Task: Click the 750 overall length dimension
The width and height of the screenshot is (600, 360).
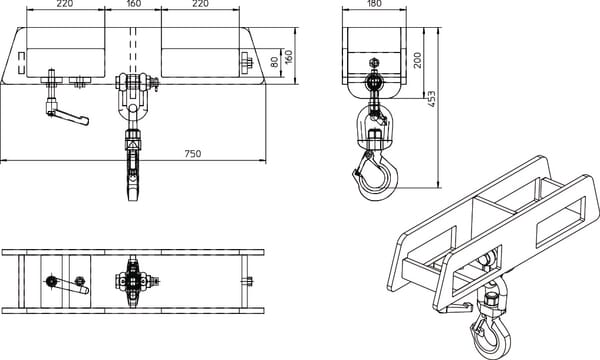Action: point(193,154)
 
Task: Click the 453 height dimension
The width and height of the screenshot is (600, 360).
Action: point(431,99)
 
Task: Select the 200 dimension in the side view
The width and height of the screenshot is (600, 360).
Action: point(417,60)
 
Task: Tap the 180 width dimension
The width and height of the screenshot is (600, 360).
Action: point(373,4)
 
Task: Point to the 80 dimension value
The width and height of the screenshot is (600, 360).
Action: point(274,62)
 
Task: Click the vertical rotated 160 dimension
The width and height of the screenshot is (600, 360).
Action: point(289,57)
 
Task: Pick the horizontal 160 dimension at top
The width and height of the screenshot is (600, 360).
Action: point(133,4)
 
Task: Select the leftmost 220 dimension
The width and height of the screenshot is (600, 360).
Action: point(65,4)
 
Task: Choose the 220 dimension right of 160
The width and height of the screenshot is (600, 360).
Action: point(200,4)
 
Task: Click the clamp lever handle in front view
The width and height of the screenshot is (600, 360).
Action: point(67,116)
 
